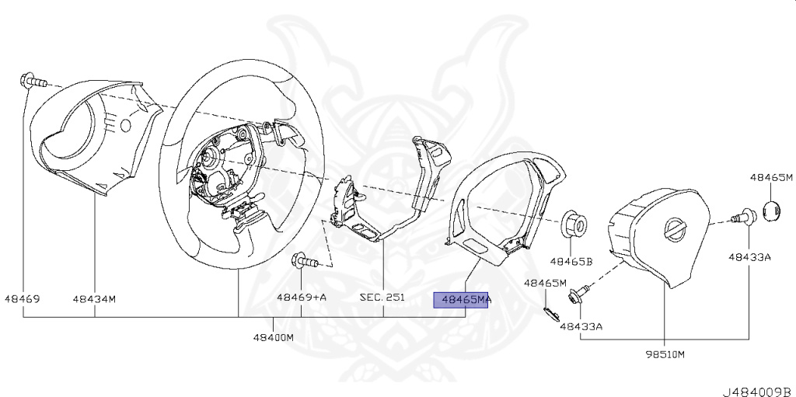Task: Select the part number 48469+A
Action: (301, 298)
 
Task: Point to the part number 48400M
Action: (274, 338)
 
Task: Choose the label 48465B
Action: (571, 262)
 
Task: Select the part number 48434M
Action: (94, 298)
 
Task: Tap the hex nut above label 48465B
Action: (574, 223)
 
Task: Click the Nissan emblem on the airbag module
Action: (673, 230)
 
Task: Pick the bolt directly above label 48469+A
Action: (302, 261)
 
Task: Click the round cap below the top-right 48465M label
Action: (770, 211)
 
